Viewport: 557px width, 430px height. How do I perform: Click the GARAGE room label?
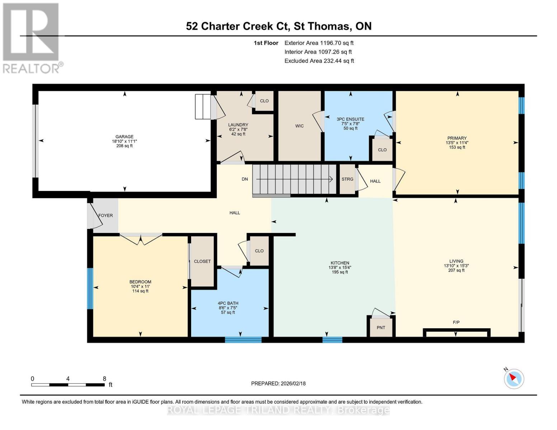click(x=124, y=137)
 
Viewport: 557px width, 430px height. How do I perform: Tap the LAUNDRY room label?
click(x=238, y=125)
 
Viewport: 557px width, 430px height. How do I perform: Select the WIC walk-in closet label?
click(x=299, y=126)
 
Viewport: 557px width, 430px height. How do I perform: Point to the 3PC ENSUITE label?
click(x=350, y=119)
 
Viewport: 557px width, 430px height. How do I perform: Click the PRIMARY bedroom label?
click(x=457, y=138)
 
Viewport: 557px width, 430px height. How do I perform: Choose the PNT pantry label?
click(x=381, y=328)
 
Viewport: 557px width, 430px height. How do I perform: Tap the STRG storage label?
click(x=347, y=179)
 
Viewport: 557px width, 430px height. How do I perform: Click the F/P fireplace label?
click(x=456, y=322)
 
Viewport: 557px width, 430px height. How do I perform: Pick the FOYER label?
click(x=105, y=215)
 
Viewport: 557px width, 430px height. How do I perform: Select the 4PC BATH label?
click(x=228, y=303)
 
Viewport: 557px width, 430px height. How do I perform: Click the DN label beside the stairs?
click(x=245, y=179)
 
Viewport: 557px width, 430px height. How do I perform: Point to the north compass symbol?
click(x=514, y=378)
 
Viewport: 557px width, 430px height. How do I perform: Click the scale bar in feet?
click(x=68, y=384)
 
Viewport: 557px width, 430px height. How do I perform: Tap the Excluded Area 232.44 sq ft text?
click(x=319, y=61)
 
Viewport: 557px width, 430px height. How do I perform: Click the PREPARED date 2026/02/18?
click(x=278, y=383)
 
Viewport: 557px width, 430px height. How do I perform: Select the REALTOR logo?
click(x=32, y=38)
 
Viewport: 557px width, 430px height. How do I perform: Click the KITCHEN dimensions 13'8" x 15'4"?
click(x=340, y=267)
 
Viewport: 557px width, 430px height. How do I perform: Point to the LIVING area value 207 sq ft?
click(x=456, y=270)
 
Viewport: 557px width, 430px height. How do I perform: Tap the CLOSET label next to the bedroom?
click(x=202, y=261)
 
